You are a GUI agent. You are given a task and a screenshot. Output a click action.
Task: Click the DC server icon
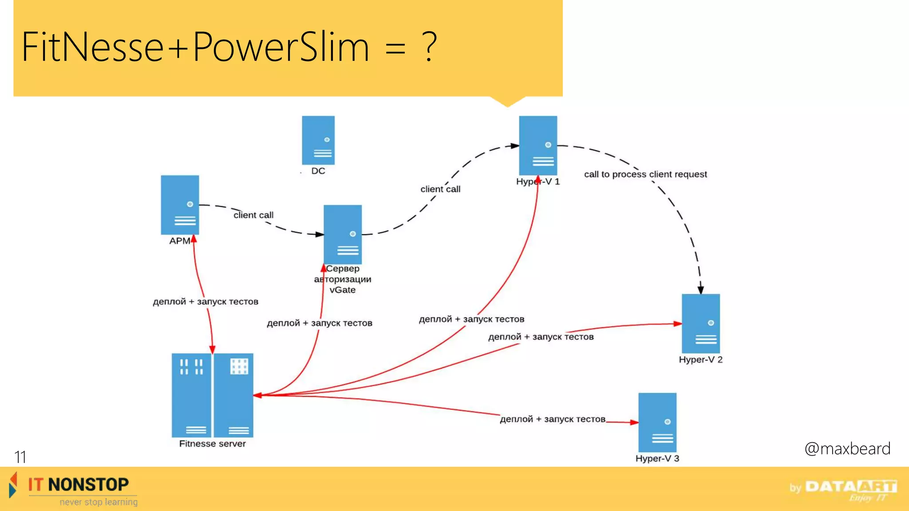pyautogui.click(x=318, y=140)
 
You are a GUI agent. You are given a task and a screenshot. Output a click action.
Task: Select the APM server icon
pyautogui.click(x=180, y=205)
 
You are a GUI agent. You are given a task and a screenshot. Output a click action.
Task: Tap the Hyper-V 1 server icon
pyautogui.click(x=538, y=145)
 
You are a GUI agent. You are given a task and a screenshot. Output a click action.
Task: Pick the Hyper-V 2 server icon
pyautogui.click(x=701, y=323)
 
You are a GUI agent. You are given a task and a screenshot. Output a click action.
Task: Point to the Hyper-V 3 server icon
pyautogui.click(x=657, y=422)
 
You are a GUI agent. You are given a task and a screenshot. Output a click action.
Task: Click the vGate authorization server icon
pyautogui.click(x=343, y=235)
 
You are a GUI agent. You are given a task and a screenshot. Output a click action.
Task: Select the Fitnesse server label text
pyautogui.click(x=212, y=444)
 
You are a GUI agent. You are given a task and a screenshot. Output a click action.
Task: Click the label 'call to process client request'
pyautogui.click(x=645, y=174)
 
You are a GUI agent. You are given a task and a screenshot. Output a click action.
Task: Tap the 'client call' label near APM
pyautogui.click(x=253, y=215)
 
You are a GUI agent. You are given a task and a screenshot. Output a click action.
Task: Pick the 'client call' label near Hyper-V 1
pyautogui.click(x=440, y=189)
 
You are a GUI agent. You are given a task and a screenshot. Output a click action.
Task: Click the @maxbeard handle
pyautogui.click(x=847, y=448)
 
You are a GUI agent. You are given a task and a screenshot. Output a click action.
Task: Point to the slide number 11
pyautogui.click(x=20, y=457)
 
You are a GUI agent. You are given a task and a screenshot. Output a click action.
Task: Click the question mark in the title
pyautogui.click(x=429, y=47)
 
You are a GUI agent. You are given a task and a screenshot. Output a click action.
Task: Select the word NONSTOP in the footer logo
pyautogui.click(x=88, y=484)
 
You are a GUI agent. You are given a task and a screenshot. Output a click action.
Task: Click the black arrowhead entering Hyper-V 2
pyautogui.click(x=700, y=290)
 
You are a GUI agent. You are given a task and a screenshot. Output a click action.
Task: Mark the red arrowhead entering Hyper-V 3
pyautogui.click(x=634, y=422)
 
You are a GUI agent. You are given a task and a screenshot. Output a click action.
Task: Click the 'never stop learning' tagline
pyautogui.click(x=99, y=502)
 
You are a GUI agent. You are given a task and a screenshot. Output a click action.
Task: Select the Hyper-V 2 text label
pyautogui.click(x=700, y=360)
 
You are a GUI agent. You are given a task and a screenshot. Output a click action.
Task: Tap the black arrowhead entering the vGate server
pyautogui.click(x=320, y=234)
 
